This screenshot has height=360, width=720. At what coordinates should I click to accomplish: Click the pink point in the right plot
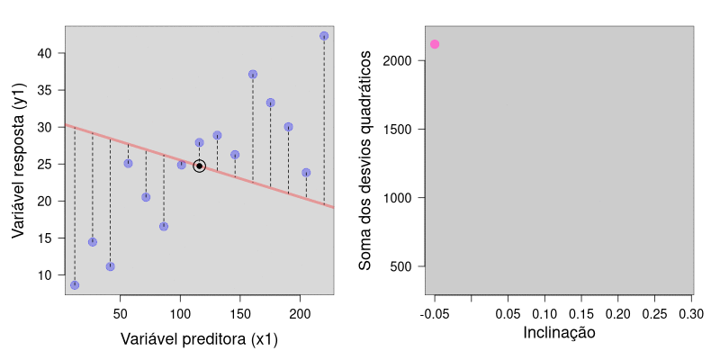435,44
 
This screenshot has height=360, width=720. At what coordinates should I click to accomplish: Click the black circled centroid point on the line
199,166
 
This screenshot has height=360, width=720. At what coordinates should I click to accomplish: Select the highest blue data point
324,36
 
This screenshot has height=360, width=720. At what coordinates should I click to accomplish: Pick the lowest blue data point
75,285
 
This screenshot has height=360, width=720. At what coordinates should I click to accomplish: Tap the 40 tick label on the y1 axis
45,53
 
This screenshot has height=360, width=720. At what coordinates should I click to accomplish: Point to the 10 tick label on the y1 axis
45,274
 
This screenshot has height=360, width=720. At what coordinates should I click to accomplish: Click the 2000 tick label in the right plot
409,61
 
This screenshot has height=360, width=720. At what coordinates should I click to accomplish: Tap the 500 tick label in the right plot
413,266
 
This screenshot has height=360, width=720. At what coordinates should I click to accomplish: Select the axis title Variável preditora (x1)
199,339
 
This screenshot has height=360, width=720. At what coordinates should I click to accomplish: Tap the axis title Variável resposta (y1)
18,160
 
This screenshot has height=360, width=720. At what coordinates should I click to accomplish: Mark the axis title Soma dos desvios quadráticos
365,160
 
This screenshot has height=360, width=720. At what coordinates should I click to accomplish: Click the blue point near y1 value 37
253,75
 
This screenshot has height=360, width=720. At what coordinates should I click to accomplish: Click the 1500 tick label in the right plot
409,130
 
